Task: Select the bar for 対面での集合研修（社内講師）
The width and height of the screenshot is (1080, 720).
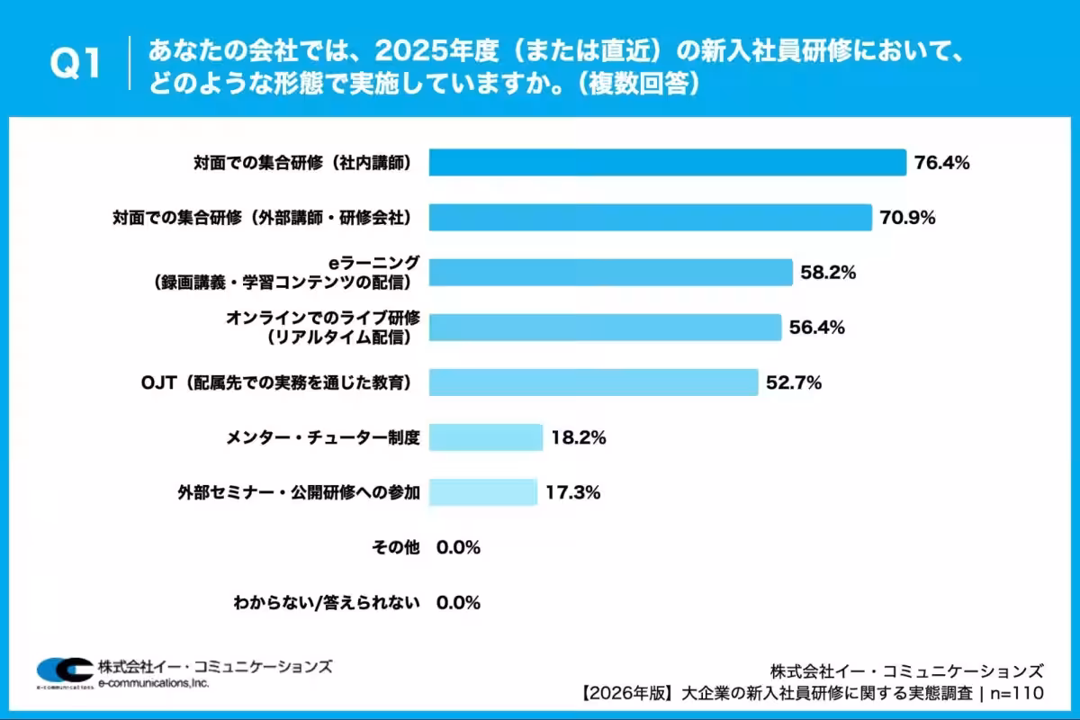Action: click(667, 163)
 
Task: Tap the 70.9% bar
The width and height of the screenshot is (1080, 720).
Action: click(650, 218)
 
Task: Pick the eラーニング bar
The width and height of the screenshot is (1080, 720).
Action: click(610, 273)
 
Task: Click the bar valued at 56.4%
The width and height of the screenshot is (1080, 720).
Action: click(605, 328)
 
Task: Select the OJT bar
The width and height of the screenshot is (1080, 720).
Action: click(593, 382)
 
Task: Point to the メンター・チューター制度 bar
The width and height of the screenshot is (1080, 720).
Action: click(486, 438)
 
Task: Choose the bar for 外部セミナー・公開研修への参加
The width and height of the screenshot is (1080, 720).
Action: click(482, 493)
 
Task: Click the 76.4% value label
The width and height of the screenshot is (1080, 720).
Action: click(941, 163)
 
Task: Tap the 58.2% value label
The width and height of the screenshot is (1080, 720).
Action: click(828, 273)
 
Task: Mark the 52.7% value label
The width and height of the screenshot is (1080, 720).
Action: click(794, 382)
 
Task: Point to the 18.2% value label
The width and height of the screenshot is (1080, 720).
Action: click(578, 438)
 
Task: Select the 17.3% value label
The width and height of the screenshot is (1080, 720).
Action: click(572, 493)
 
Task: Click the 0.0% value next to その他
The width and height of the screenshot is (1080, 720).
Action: click(458, 548)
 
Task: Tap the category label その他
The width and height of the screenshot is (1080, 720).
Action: click(396, 548)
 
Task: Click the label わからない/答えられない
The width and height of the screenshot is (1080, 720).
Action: click(326, 603)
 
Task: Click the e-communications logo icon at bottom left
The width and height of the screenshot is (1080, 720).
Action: click(64, 670)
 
